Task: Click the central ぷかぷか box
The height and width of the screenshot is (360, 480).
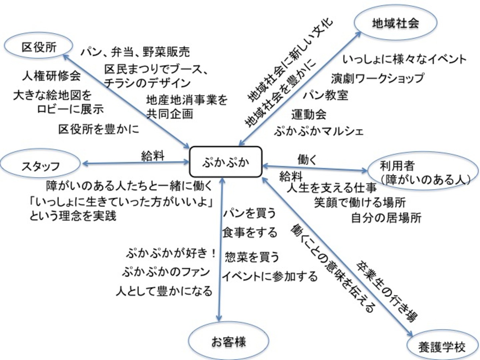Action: pyautogui.click(x=226, y=162)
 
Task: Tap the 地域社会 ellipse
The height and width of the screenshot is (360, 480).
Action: pyautogui.click(x=395, y=23)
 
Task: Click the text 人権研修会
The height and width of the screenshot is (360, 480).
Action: pyautogui.click(x=51, y=76)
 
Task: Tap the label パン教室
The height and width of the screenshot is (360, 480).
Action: pyautogui.click(x=326, y=95)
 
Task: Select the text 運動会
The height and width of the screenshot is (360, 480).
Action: pyautogui.click(x=309, y=114)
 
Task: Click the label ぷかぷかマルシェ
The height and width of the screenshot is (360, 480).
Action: pyautogui.click(x=319, y=131)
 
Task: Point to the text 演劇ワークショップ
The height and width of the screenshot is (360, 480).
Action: pyautogui.click(x=377, y=78)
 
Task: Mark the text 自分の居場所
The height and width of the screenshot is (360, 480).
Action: pyautogui.click(x=386, y=218)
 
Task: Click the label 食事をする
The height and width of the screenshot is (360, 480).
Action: pyautogui.click(x=250, y=232)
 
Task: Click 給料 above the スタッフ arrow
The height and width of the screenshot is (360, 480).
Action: pyautogui.click(x=152, y=156)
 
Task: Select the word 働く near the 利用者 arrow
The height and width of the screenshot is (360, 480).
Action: pyautogui.click(x=307, y=160)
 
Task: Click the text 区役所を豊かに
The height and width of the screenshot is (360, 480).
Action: pyautogui.click(x=99, y=129)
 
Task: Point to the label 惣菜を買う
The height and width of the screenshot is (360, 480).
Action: pyautogui.click(x=252, y=257)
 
